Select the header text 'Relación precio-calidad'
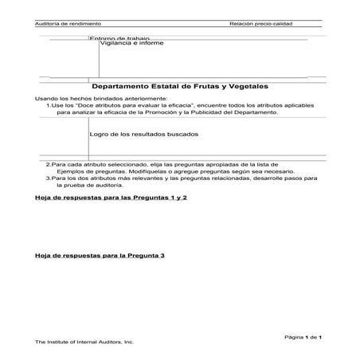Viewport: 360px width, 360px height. [x=260, y=24]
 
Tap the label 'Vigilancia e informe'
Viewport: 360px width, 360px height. [x=131, y=43]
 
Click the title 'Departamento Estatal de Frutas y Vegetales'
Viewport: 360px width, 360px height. [x=179, y=85]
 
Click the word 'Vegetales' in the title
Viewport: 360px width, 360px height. [x=246, y=85]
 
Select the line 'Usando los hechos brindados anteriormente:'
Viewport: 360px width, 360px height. [x=89, y=97]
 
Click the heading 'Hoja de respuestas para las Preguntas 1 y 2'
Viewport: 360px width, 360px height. [x=111, y=196]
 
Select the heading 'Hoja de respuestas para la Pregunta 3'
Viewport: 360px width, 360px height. [x=100, y=256]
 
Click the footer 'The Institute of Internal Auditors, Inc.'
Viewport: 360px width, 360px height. [x=84, y=343]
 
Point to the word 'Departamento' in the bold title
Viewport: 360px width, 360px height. [x=123, y=85]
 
